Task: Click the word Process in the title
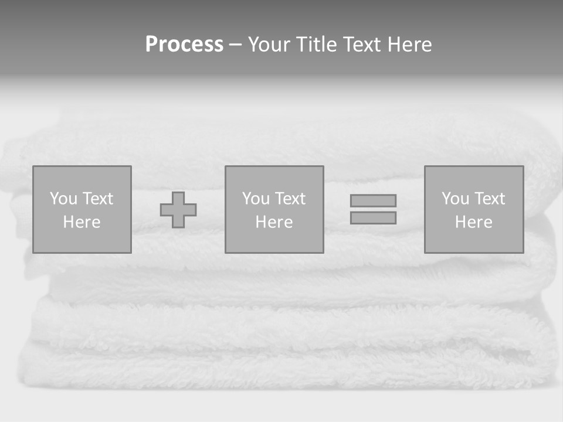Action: pos(184,45)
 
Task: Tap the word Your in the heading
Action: pos(270,45)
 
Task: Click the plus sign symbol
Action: pos(178,210)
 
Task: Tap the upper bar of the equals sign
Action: pos(373,200)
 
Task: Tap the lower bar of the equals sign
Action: pos(373,218)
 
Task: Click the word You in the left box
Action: pos(63,199)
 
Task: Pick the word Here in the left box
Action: pos(82,222)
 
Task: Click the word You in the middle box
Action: pos(256,199)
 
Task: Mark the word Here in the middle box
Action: pos(274,222)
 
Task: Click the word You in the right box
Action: pos(455,199)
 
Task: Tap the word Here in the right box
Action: pos(473,222)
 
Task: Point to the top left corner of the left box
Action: pos(33,166)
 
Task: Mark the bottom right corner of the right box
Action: pos(523,253)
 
